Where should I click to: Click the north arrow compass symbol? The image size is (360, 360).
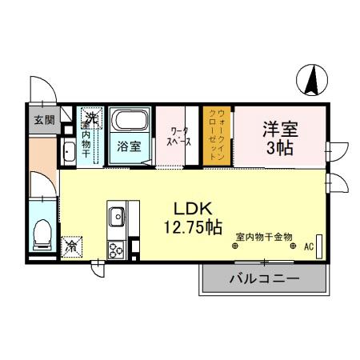click(314, 79)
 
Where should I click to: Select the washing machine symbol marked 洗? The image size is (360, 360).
click(91, 118)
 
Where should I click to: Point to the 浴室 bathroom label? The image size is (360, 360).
click(129, 147)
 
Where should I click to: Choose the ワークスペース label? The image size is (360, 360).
click(178, 136)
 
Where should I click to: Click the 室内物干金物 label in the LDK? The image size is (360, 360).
click(264, 237)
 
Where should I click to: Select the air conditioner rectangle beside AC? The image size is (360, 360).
click(320, 246)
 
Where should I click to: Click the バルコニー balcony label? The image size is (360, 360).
click(264, 279)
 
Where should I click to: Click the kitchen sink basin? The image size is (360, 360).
click(116, 216)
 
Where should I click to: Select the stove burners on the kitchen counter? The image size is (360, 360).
click(114, 249)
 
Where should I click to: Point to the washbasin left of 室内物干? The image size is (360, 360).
click(68, 154)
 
